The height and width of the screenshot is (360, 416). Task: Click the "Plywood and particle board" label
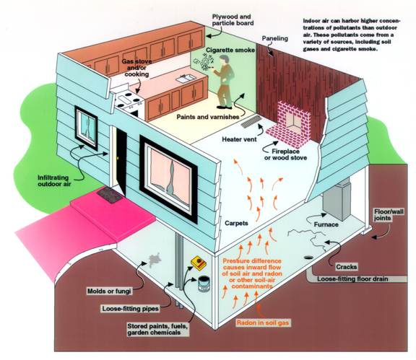click(233, 20)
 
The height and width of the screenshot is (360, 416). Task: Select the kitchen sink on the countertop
click(186, 79)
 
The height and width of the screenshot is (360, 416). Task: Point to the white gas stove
click(128, 102)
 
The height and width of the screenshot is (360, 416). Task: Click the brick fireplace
click(289, 125)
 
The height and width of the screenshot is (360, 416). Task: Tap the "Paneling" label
click(275, 38)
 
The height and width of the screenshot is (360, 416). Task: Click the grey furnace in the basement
click(337, 198)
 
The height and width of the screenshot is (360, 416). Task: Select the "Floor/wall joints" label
click(389, 215)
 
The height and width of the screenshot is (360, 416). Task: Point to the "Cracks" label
click(346, 267)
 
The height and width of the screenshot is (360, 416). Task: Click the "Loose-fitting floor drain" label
click(352, 279)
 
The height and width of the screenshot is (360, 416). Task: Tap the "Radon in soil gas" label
click(263, 322)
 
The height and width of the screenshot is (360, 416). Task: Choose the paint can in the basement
click(204, 284)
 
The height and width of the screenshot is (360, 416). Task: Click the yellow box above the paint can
click(199, 263)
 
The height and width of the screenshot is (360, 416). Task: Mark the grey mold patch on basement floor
click(155, 260)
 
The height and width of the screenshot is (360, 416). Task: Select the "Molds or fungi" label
click(109, 291)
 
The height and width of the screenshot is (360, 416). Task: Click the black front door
click(121, 160)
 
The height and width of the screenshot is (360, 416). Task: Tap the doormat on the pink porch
click(110, 195)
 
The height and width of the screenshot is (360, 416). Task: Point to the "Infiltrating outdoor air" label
click(54, 181)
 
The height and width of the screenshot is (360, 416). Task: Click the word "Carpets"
click(236, 223)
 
